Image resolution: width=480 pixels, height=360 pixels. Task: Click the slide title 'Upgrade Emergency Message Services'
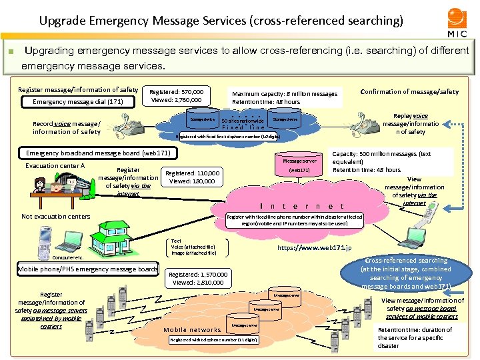tap(221, 21)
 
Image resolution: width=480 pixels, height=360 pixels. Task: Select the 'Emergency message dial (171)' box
tap(79, 102)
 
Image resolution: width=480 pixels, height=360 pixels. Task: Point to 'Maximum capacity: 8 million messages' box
tap(285, 97)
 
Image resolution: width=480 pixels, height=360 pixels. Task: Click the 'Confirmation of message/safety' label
tap(409, 91)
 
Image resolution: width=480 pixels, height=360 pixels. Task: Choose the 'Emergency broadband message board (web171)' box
tap(99, 153)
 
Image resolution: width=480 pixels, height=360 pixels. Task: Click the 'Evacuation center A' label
tap(55, 166)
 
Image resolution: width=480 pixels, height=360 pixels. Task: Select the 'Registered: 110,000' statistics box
tap(193, 177)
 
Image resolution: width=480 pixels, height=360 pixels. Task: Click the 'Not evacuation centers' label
tap(55, 216)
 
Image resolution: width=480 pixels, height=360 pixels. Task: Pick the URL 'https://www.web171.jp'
tap(313, 248)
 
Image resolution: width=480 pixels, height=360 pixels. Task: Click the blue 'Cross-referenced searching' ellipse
tap(406, 273)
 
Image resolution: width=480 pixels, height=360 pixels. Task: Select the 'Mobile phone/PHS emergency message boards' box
tap(88, 269)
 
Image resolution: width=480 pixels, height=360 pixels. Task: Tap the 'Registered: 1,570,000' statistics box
tap(199, 278)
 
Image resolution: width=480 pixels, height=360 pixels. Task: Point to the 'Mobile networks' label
tap(193, 329)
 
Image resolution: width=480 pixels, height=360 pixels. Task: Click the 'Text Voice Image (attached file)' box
tap(193, 247)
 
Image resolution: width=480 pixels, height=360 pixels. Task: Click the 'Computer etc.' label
tap(67, 257)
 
